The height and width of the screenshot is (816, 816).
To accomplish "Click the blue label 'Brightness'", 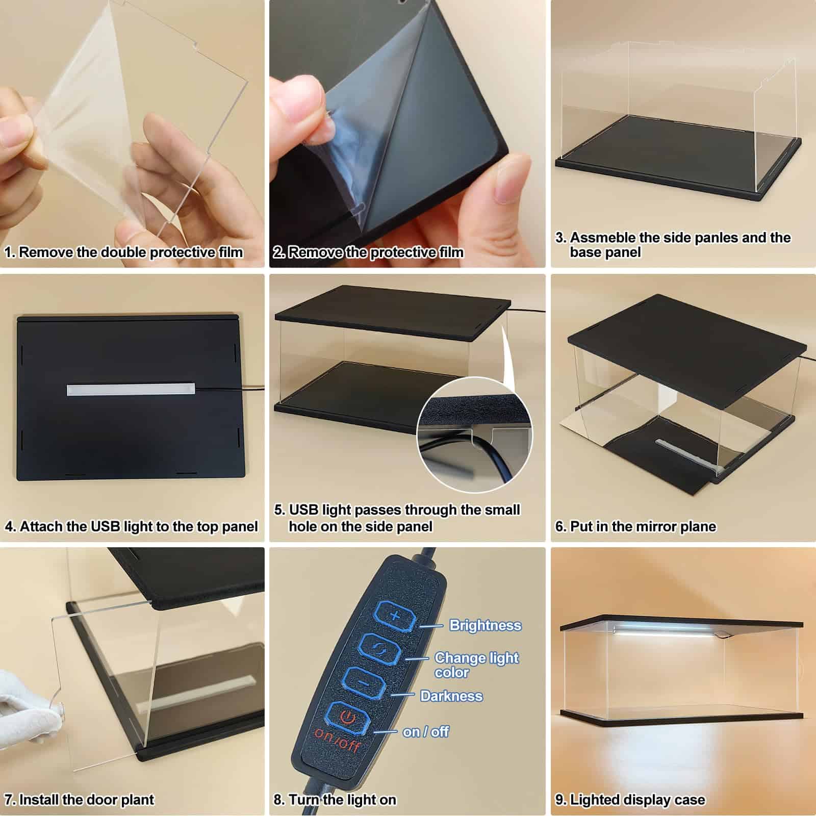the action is click(485, 625).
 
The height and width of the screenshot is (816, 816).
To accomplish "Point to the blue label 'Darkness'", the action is click(451, 696).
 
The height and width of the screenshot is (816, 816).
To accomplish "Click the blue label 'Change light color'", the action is click(476, 665).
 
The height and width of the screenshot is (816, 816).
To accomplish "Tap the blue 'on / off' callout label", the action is click(426, 732).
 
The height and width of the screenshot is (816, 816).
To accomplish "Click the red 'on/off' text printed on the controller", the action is click(337, 741).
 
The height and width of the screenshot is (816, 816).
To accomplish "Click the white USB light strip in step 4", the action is click(131, 389).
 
